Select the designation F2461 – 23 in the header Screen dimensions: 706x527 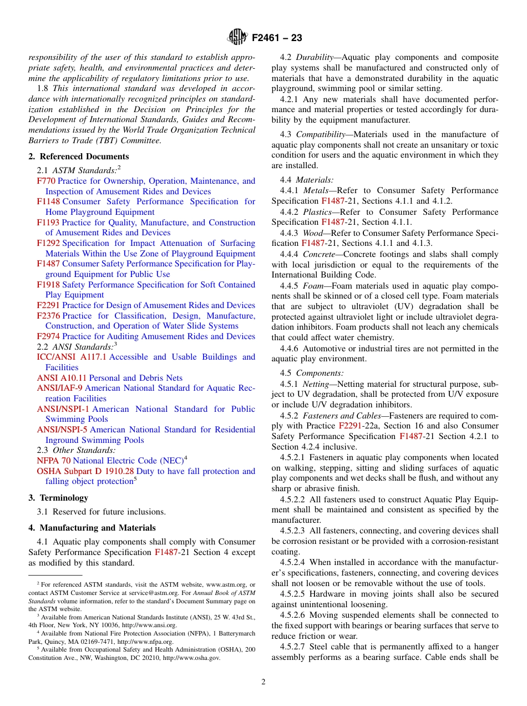[277, 38]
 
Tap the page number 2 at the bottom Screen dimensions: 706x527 [263, 682]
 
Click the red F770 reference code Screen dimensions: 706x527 [46, 181]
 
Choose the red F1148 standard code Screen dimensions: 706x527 [49, 201]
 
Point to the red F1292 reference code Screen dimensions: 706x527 [49, 243]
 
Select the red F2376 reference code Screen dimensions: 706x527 [49, 316]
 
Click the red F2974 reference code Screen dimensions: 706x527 [49, 336]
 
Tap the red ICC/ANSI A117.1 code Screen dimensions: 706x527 [72, 357]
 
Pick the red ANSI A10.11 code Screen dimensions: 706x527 [58, 378]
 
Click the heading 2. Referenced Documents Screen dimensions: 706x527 [79, 157]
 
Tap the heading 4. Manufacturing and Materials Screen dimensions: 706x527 [92, 528]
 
